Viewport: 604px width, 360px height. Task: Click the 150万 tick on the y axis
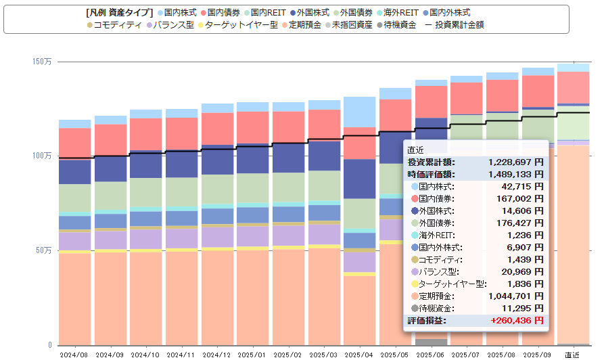(42, 62)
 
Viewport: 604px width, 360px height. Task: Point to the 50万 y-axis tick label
(44, 250)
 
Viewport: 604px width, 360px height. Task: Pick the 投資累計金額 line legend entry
(454, 25)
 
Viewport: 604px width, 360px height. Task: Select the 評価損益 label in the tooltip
(427, 320)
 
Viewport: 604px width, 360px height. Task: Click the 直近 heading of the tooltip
(416, 150)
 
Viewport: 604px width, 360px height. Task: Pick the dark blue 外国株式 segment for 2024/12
(217, 160)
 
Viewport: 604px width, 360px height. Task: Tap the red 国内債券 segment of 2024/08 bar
(74, 143)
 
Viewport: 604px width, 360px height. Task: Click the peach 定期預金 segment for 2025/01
(252, 298)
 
